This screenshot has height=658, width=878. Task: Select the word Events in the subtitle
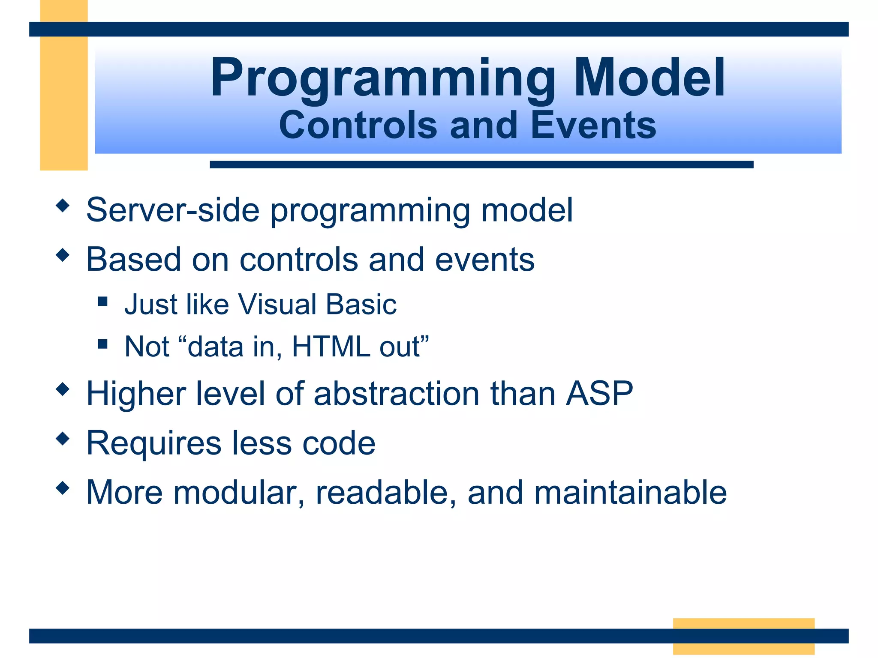(593, 125)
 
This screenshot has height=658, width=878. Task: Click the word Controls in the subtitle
(358, 125)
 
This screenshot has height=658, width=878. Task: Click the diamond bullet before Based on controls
(63, 255)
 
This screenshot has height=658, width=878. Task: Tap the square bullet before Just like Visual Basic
(102, 302)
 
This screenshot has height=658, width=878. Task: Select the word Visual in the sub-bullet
(277, 305)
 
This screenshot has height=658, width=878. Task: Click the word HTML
(331, 347)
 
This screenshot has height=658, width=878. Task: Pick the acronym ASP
(599, 393)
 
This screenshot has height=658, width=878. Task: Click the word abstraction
(396, 393)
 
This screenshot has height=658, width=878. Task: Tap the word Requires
(154, 443)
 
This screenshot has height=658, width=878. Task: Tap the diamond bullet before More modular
(63, 488)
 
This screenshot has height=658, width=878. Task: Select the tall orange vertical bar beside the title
(64, 103)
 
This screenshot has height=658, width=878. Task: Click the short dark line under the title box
(481, 164)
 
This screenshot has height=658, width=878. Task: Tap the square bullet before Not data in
(102, 344)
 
